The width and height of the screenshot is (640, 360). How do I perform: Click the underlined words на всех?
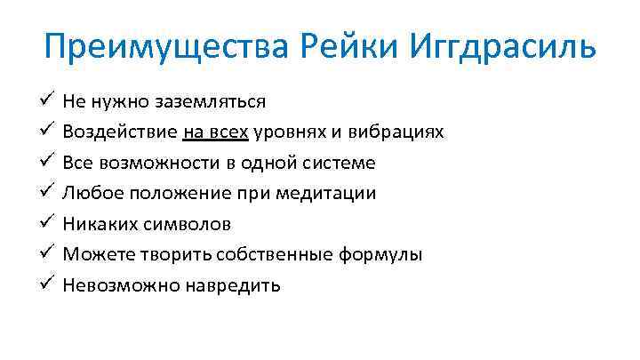pos(216,132)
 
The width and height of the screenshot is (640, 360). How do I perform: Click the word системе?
pos(338,164)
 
